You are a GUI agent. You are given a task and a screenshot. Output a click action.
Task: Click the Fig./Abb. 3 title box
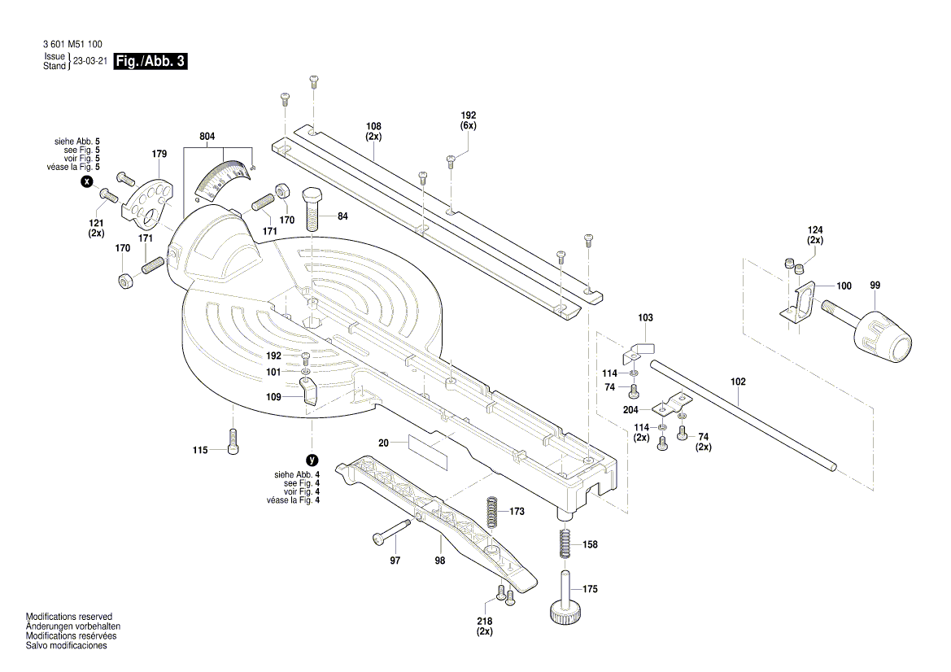(151, 61)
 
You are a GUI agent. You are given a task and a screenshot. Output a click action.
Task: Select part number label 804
(207, 137)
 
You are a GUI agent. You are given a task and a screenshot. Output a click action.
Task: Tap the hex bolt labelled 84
(314, 211)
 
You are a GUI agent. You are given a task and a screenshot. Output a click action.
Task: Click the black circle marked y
(310, 460)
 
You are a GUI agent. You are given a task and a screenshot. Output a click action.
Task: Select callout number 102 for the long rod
(738, 382)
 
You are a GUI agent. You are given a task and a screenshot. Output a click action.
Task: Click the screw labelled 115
(233, 442)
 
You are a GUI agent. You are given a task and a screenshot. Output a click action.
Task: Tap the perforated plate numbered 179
(148, 200)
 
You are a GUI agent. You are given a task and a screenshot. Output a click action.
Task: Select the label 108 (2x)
(373, 131)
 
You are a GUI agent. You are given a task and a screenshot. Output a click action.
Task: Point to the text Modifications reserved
(69, 617)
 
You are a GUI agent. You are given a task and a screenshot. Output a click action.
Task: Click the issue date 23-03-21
(90, 61)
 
